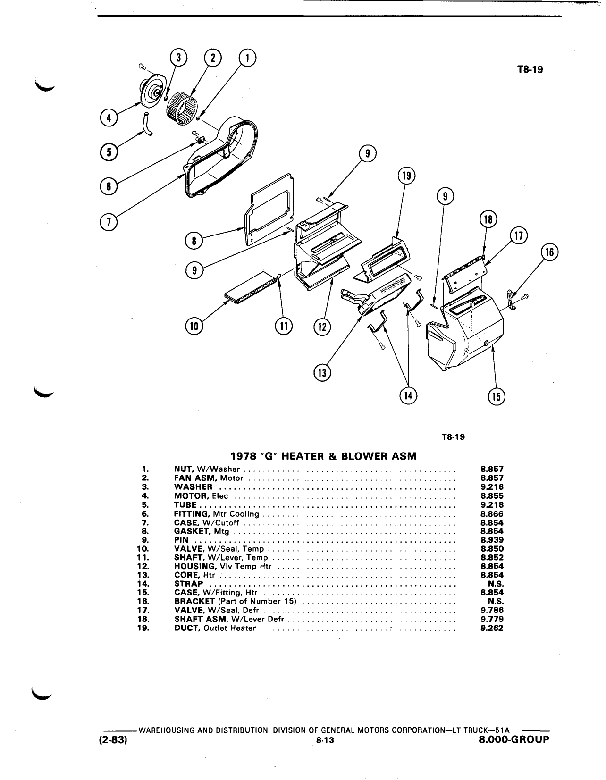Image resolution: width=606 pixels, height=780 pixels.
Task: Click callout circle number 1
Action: pyautogui.click(x=247, y=59)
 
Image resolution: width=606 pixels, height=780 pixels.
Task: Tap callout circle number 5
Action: pyautogui.click(x=109, y=152)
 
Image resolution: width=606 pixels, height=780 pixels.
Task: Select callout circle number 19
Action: pyautogui.click(x=406, y=176)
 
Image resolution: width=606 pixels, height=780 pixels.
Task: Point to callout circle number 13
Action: pyautogui.click(x=322, y=373)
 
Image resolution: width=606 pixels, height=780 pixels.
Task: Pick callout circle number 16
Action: pyautogui.click(x=550, y=252)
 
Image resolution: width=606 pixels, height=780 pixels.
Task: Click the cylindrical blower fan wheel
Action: pyautogui.click(x=182, y=108)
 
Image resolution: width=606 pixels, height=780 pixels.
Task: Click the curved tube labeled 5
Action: pyautogui.click(x=148, y=124)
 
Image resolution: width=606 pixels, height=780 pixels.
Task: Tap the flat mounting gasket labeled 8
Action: pyautogui.click(x=269, y=210)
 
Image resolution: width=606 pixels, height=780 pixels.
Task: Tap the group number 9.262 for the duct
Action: pyautogui.click(x=492, y=628)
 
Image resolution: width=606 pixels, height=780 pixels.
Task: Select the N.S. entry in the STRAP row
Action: pyautogui.click(x=496, y=584)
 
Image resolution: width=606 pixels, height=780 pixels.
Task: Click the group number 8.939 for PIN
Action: pyautogui.click(x=492, y=540)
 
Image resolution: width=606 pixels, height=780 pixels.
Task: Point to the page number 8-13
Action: pyautogui.click(x=325, y=740)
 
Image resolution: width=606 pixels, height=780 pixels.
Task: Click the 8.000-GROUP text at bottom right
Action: pyautogui.click(x=514, y=739)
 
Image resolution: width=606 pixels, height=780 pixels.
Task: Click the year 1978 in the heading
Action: pyautogui.click(x=243, y=456)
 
